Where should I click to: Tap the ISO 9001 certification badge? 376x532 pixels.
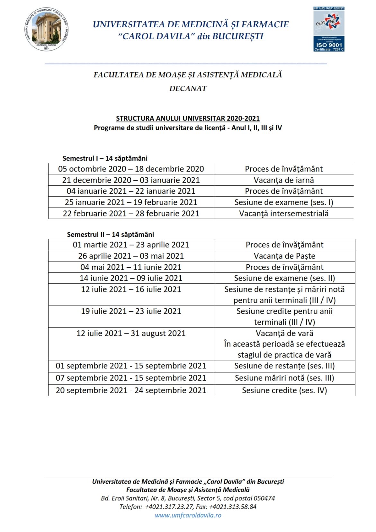[329, 29]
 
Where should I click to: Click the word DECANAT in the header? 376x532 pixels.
[188, 88]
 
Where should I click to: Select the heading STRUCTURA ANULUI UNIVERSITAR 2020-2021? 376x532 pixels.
[188, 118]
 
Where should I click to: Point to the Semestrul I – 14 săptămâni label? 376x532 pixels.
[105, 158]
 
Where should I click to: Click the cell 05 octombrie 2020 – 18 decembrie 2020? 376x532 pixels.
[131, 169]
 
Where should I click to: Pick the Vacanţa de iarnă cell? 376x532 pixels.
[284, 180]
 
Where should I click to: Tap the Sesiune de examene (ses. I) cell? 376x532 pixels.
[284, 202]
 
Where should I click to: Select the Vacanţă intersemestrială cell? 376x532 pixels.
[284, 214]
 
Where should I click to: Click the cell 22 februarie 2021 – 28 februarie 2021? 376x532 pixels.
[131, 214]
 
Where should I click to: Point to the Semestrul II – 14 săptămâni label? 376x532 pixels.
[110, 235]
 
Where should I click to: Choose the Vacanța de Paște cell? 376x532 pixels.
[284, 256]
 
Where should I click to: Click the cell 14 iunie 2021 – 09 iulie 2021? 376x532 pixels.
[131, 278]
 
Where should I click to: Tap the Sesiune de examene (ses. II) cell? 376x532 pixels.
[284, 278]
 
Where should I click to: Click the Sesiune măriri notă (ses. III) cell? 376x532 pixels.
[284, 378]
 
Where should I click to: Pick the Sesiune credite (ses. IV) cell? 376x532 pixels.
[284, 390]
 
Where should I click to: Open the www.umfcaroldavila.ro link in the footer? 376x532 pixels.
[188, 515]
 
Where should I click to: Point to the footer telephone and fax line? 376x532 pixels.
[188, 507]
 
